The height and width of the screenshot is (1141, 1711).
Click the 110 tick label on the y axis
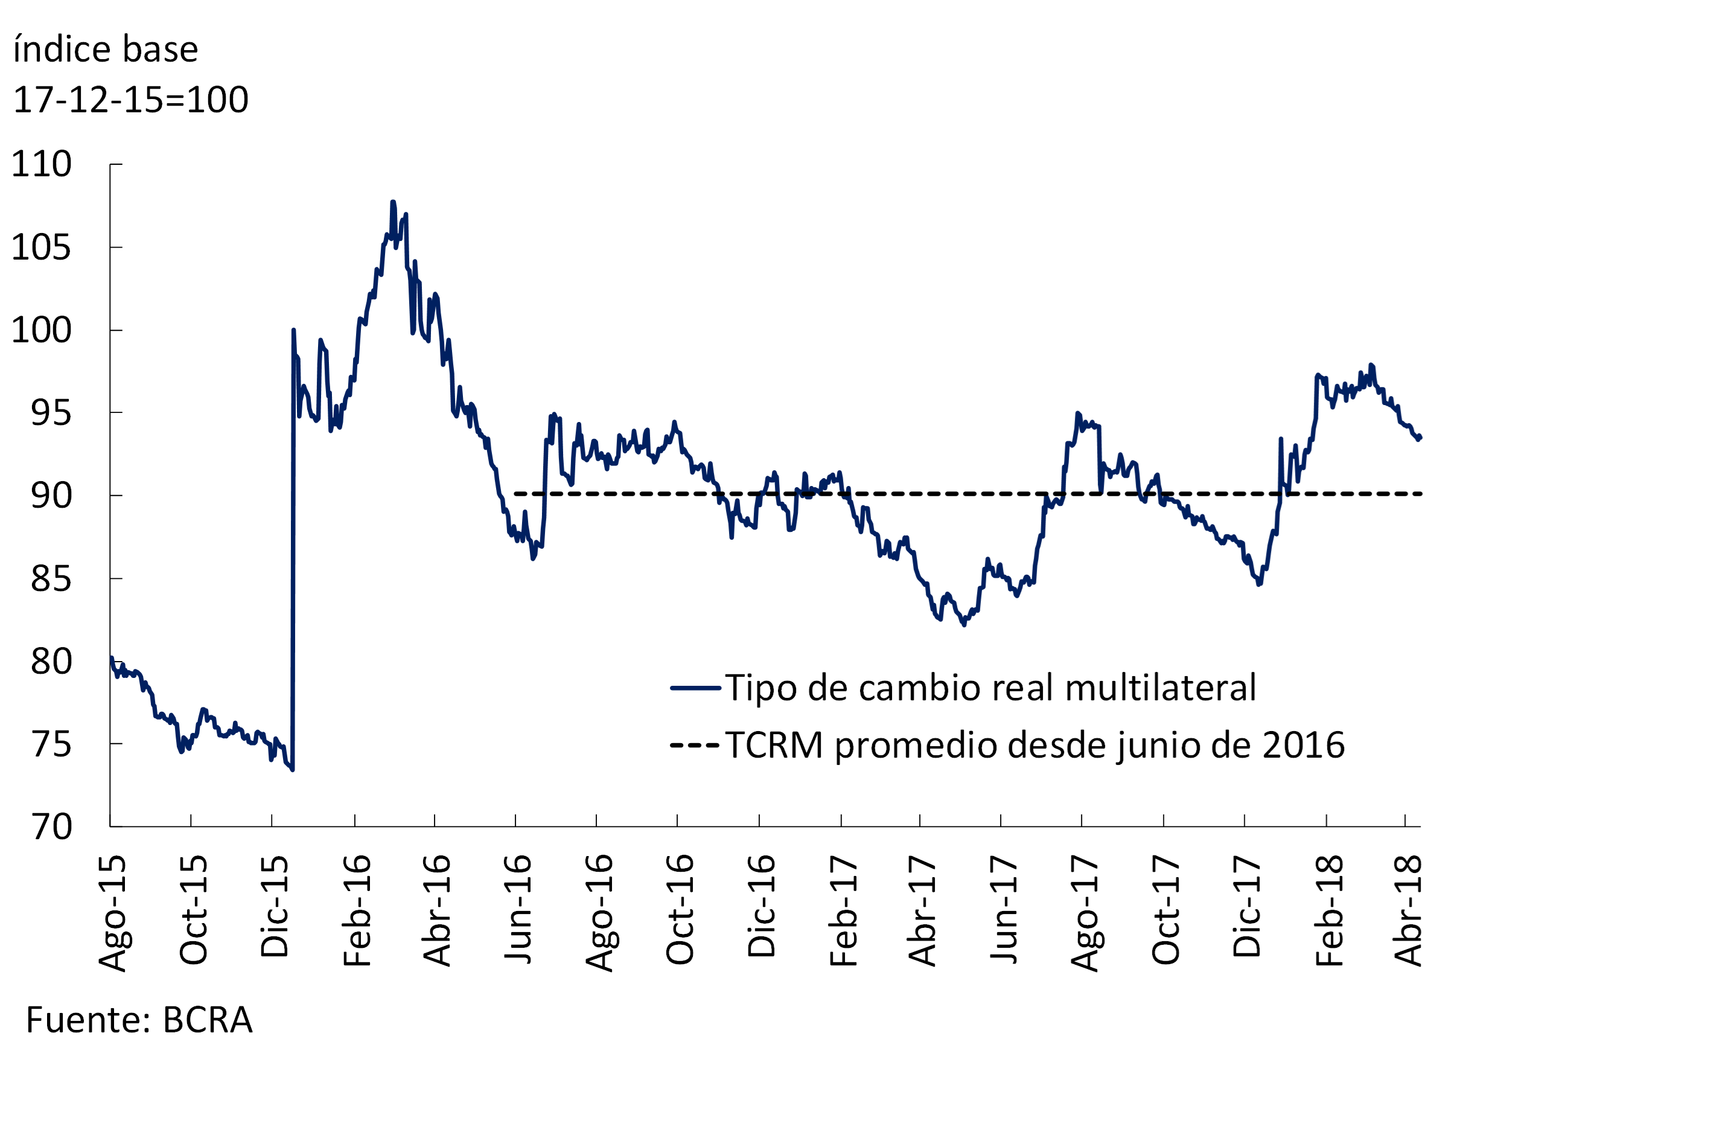coord(42,164)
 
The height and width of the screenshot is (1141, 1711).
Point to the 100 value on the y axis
coord(42,330)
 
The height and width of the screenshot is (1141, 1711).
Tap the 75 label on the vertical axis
coord(51,744)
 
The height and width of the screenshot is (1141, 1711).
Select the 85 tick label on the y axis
coord(51,579)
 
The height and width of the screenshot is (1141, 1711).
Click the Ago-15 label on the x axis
coord(113,914)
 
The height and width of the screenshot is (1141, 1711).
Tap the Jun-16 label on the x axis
coord(518,910)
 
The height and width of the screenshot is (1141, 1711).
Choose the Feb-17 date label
coord(844,911)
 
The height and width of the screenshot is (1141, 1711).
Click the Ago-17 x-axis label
coord(1085,914)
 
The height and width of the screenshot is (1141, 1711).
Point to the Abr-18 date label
coord(1407,911)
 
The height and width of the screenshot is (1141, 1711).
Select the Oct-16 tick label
coord(680,910)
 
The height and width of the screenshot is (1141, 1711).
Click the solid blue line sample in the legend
coord(695,688)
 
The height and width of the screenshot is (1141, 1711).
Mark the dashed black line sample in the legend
coord(695,745)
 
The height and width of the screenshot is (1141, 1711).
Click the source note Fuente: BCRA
coord(139,1020)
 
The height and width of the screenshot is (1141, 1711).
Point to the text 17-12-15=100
coord(131,100)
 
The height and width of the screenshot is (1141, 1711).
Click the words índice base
coord(106,50)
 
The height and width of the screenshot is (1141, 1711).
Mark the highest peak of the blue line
coord(393,202)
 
